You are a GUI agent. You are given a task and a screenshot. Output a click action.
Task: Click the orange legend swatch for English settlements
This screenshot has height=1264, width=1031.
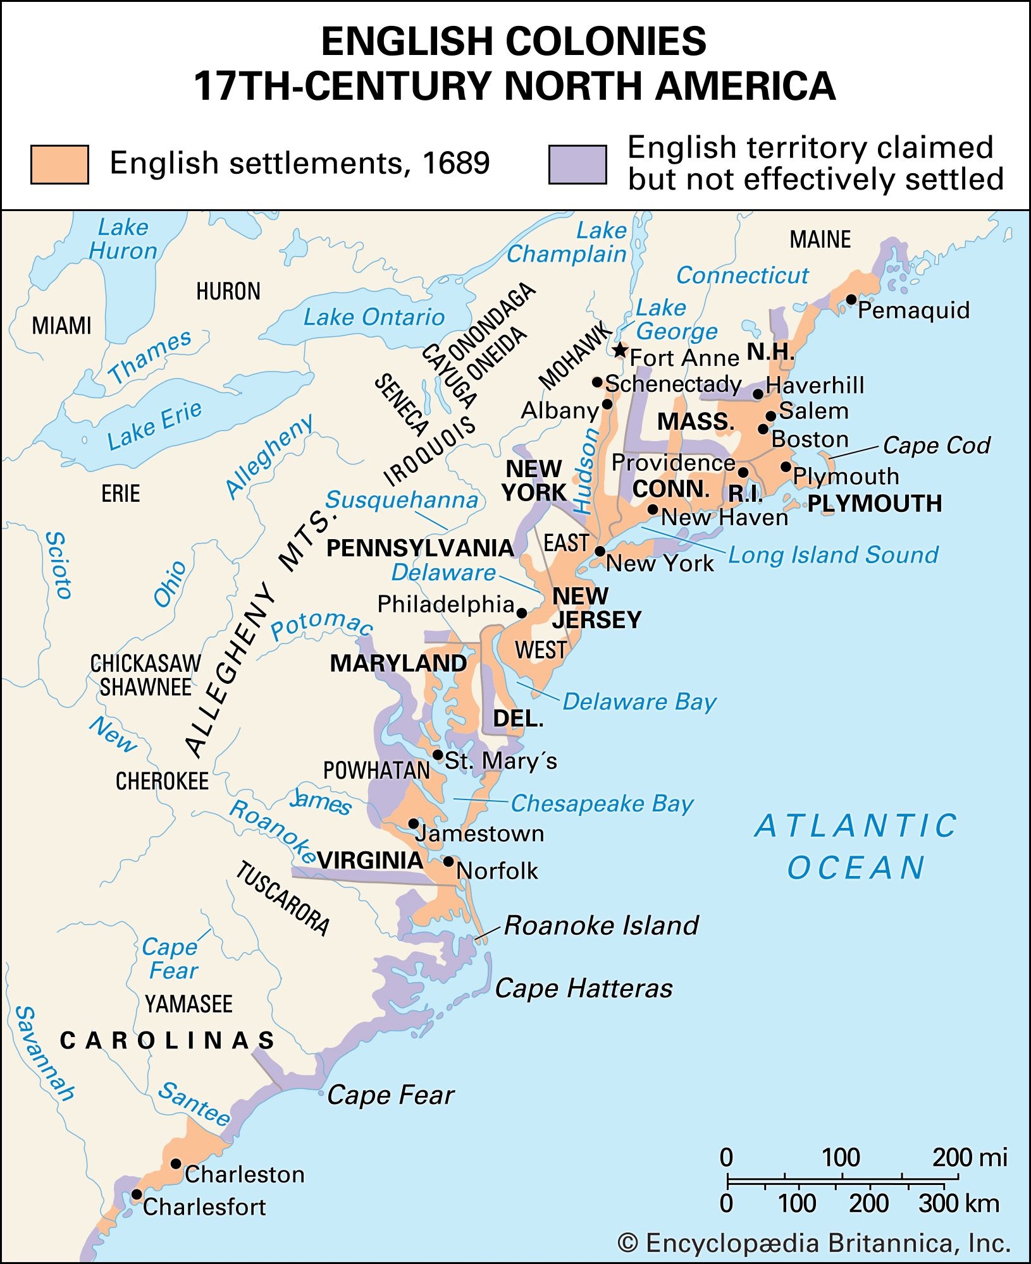pos(59,164)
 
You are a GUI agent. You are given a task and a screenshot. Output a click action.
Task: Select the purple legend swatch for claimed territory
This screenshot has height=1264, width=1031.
pos(577,164)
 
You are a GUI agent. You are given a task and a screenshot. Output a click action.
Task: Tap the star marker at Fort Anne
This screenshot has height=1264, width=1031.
pos(620,350)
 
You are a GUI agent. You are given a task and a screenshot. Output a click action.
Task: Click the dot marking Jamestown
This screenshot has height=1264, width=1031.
pos(413,823)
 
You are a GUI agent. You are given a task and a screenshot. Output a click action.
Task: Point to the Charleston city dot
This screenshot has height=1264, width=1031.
pos(176,1164)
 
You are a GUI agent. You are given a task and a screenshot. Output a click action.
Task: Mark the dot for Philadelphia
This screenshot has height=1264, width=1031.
pos(522,612)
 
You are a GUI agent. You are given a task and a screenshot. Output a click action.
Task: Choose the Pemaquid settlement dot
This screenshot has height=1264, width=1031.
pos(851,300)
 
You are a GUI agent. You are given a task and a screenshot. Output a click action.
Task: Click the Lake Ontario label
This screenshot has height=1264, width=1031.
pos(374,317)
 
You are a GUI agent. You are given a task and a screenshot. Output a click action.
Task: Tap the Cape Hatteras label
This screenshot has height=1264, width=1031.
pos(583,988)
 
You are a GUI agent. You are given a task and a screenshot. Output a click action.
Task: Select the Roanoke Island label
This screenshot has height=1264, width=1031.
pos(601,925)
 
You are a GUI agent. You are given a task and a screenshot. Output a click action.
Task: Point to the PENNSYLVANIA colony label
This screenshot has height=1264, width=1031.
pos(420,548)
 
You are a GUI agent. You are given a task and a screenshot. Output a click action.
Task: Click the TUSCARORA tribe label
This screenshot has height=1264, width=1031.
pos(283,897)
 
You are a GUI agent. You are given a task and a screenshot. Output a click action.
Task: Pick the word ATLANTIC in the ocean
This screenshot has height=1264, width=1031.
pos(856,825)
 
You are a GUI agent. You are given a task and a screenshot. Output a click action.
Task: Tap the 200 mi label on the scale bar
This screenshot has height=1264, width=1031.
pos(969,1157)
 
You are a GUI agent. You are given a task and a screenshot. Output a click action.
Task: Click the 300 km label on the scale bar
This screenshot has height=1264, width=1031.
pos(958,1203)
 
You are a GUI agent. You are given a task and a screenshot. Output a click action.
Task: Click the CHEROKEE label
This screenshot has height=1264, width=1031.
pos(162,781)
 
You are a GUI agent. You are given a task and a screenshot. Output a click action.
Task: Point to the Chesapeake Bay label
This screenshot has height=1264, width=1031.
pos(602,803)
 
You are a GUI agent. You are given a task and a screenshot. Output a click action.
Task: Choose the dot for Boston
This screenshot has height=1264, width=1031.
pos(763,429)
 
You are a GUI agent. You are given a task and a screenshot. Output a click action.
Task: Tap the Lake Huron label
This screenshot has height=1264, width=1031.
pos(123,239)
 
